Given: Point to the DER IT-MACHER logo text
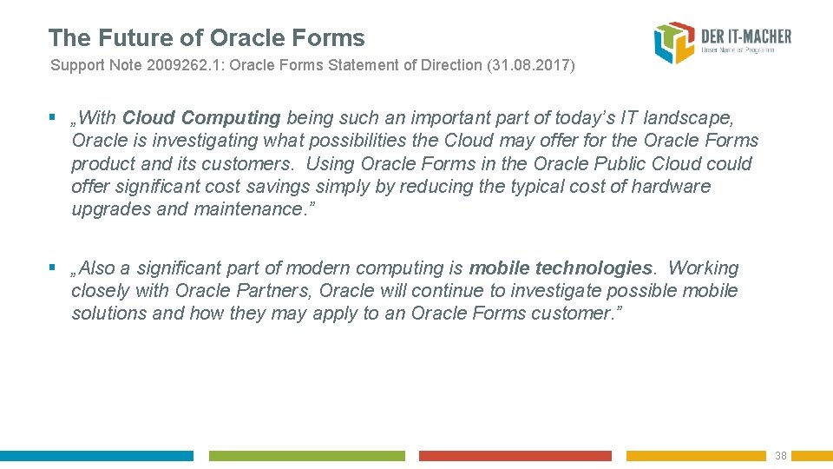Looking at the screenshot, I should tap(746, 36).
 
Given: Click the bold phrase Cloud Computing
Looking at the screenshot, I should tap(201, 118).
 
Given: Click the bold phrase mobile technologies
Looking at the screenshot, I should tap(561, 268).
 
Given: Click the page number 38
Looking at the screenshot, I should tap(780, 456).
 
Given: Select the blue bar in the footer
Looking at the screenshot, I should tap(96, 456).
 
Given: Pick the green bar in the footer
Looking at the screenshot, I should tap(306, 456).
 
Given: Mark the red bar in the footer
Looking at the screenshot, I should tap(515, 456).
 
